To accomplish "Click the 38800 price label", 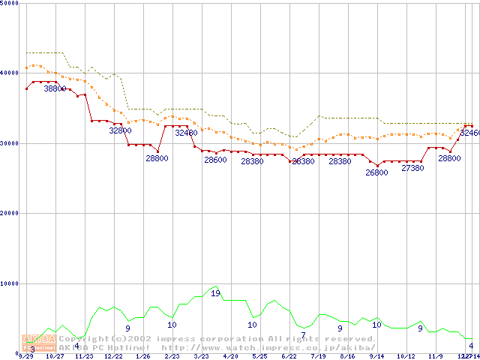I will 55,88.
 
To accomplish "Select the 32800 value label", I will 121,130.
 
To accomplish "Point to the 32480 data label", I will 186,133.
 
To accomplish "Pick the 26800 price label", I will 376,172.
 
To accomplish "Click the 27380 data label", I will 413,168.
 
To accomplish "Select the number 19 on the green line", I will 215,293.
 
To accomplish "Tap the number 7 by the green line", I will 303,335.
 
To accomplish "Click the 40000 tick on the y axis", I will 10,72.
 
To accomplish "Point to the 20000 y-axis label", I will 10,213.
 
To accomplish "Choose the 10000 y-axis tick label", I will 10,283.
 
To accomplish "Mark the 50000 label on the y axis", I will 10,4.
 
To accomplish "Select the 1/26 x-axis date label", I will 142,356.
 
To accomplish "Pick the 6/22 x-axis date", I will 289,356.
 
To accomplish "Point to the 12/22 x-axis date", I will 113,356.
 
